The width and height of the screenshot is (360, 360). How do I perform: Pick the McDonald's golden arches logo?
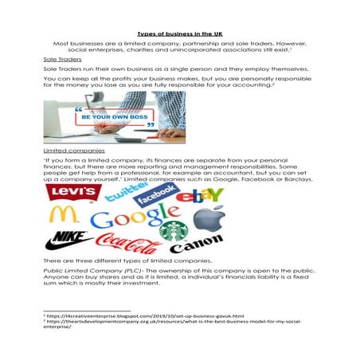[62, 214]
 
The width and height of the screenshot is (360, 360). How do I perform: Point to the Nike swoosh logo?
[68, 239]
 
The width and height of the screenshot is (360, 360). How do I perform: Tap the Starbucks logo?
[173, 232]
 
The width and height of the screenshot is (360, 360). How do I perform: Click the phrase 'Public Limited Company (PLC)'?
[89, 271]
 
